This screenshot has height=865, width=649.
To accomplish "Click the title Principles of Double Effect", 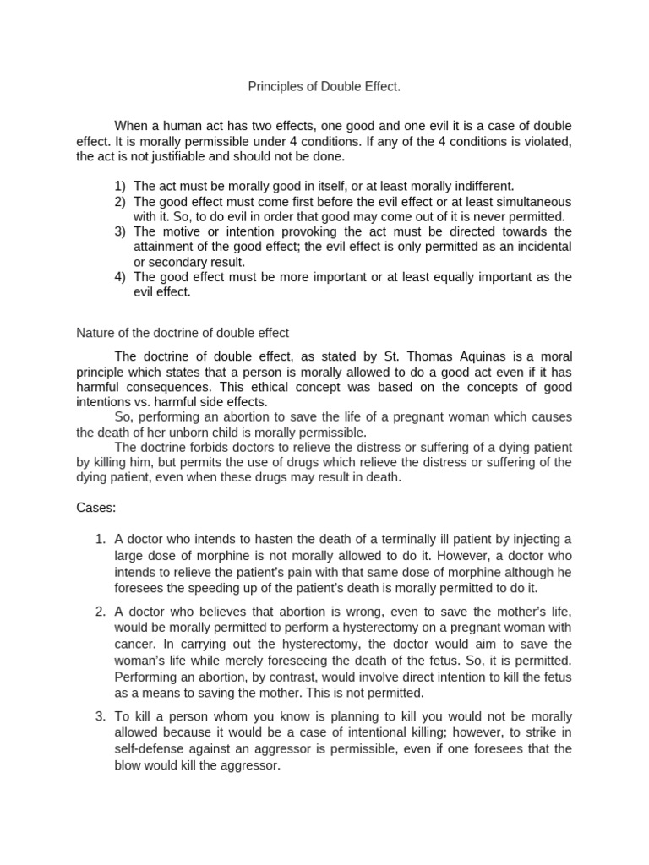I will click(x=323, y=86).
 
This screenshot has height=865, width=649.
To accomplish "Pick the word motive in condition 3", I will click(x=179, y=231).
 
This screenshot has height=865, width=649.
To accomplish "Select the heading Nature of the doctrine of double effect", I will click(x=183, y=333).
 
